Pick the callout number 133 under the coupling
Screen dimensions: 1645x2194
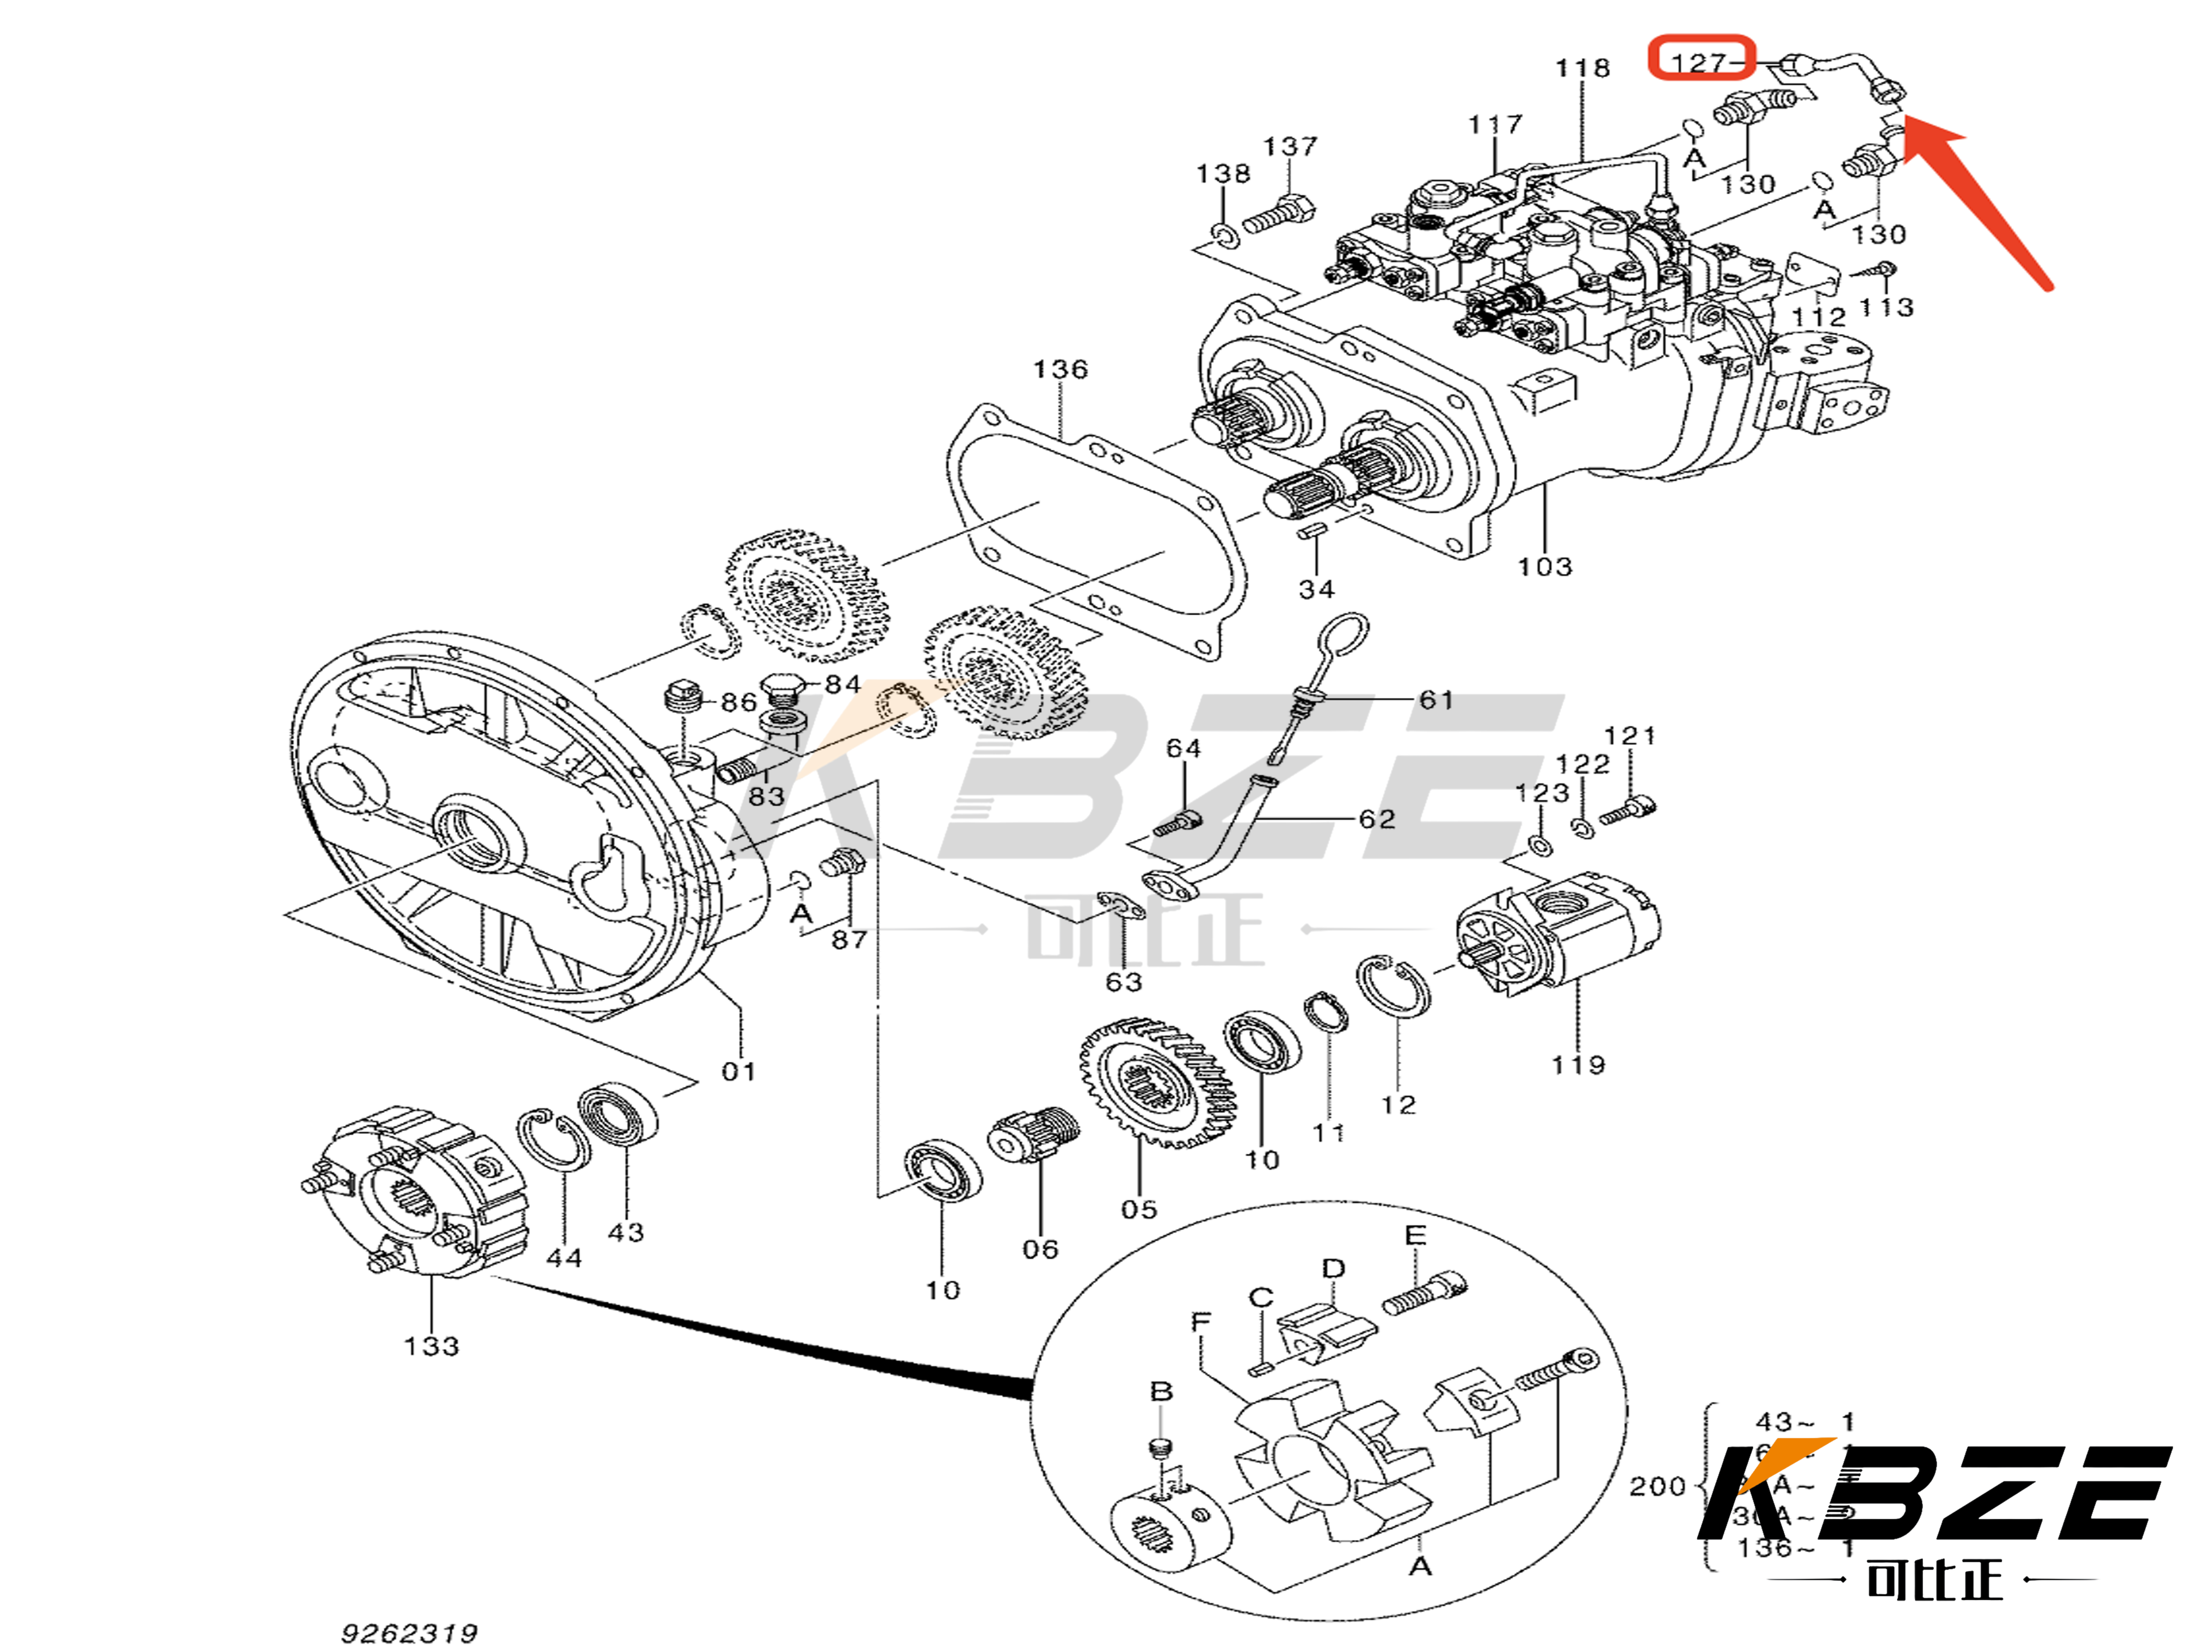[432, 1346]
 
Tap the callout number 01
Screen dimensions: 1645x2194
[738, 1071]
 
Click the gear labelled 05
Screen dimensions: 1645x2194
[1156, 1086]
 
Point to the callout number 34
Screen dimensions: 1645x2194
[1316, 589]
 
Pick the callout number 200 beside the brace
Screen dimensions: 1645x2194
[1657, 1486]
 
